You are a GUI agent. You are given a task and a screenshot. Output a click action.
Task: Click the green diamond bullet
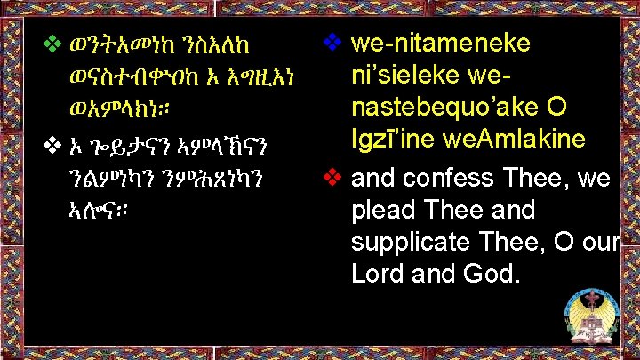(x=52, y=44)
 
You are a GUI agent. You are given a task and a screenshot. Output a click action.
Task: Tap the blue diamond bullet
(x=332, y=42)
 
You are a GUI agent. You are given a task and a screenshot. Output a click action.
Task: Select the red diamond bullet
(x=332, y=177)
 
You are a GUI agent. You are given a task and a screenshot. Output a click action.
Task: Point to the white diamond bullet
(x=52, y=145)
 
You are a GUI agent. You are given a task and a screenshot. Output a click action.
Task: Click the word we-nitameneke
(x=440, y=43)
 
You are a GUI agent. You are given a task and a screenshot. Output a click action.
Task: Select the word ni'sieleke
(x=405, y=75)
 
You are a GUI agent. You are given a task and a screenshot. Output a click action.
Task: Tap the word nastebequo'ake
(x=445, y=107)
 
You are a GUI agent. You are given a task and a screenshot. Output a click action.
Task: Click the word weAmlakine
(x=515, y=139)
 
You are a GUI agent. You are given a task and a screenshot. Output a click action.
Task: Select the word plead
(x=383, y=210)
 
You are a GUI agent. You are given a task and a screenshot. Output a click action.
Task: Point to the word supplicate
(x=410, y=242)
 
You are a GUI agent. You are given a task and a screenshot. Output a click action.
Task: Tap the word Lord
(x=377, y=274)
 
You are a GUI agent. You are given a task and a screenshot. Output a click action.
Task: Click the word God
(x=492, y=274)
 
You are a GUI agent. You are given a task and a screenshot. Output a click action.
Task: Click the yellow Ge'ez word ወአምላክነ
(x=119, y=109)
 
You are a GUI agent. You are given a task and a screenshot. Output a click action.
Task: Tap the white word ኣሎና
(x=99, y=210)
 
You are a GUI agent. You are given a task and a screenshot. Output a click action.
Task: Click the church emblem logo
(x=593, y=315)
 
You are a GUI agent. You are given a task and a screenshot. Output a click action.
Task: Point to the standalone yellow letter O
(x=556, y=107)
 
